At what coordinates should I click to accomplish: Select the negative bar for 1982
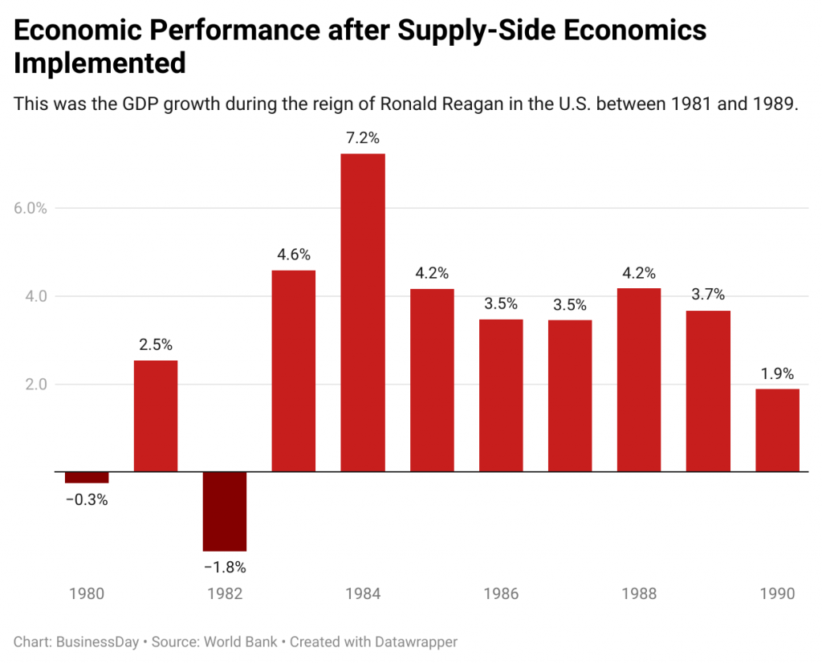225,511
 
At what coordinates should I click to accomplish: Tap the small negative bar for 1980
87,477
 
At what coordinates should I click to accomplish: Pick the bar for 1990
777,430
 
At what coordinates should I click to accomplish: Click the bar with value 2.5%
156,416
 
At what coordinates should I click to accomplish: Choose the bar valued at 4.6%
294,370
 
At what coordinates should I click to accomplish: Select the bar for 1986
501,395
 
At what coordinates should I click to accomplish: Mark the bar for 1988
639,380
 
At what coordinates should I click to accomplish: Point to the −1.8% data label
225,568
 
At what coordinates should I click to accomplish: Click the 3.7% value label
708,295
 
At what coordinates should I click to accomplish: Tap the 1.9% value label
777,373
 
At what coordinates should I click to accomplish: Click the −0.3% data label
87,499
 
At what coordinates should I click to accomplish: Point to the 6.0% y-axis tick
31,208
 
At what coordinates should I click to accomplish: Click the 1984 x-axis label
363,594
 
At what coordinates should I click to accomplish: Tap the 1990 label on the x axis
777,594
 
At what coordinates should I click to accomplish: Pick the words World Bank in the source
240,642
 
